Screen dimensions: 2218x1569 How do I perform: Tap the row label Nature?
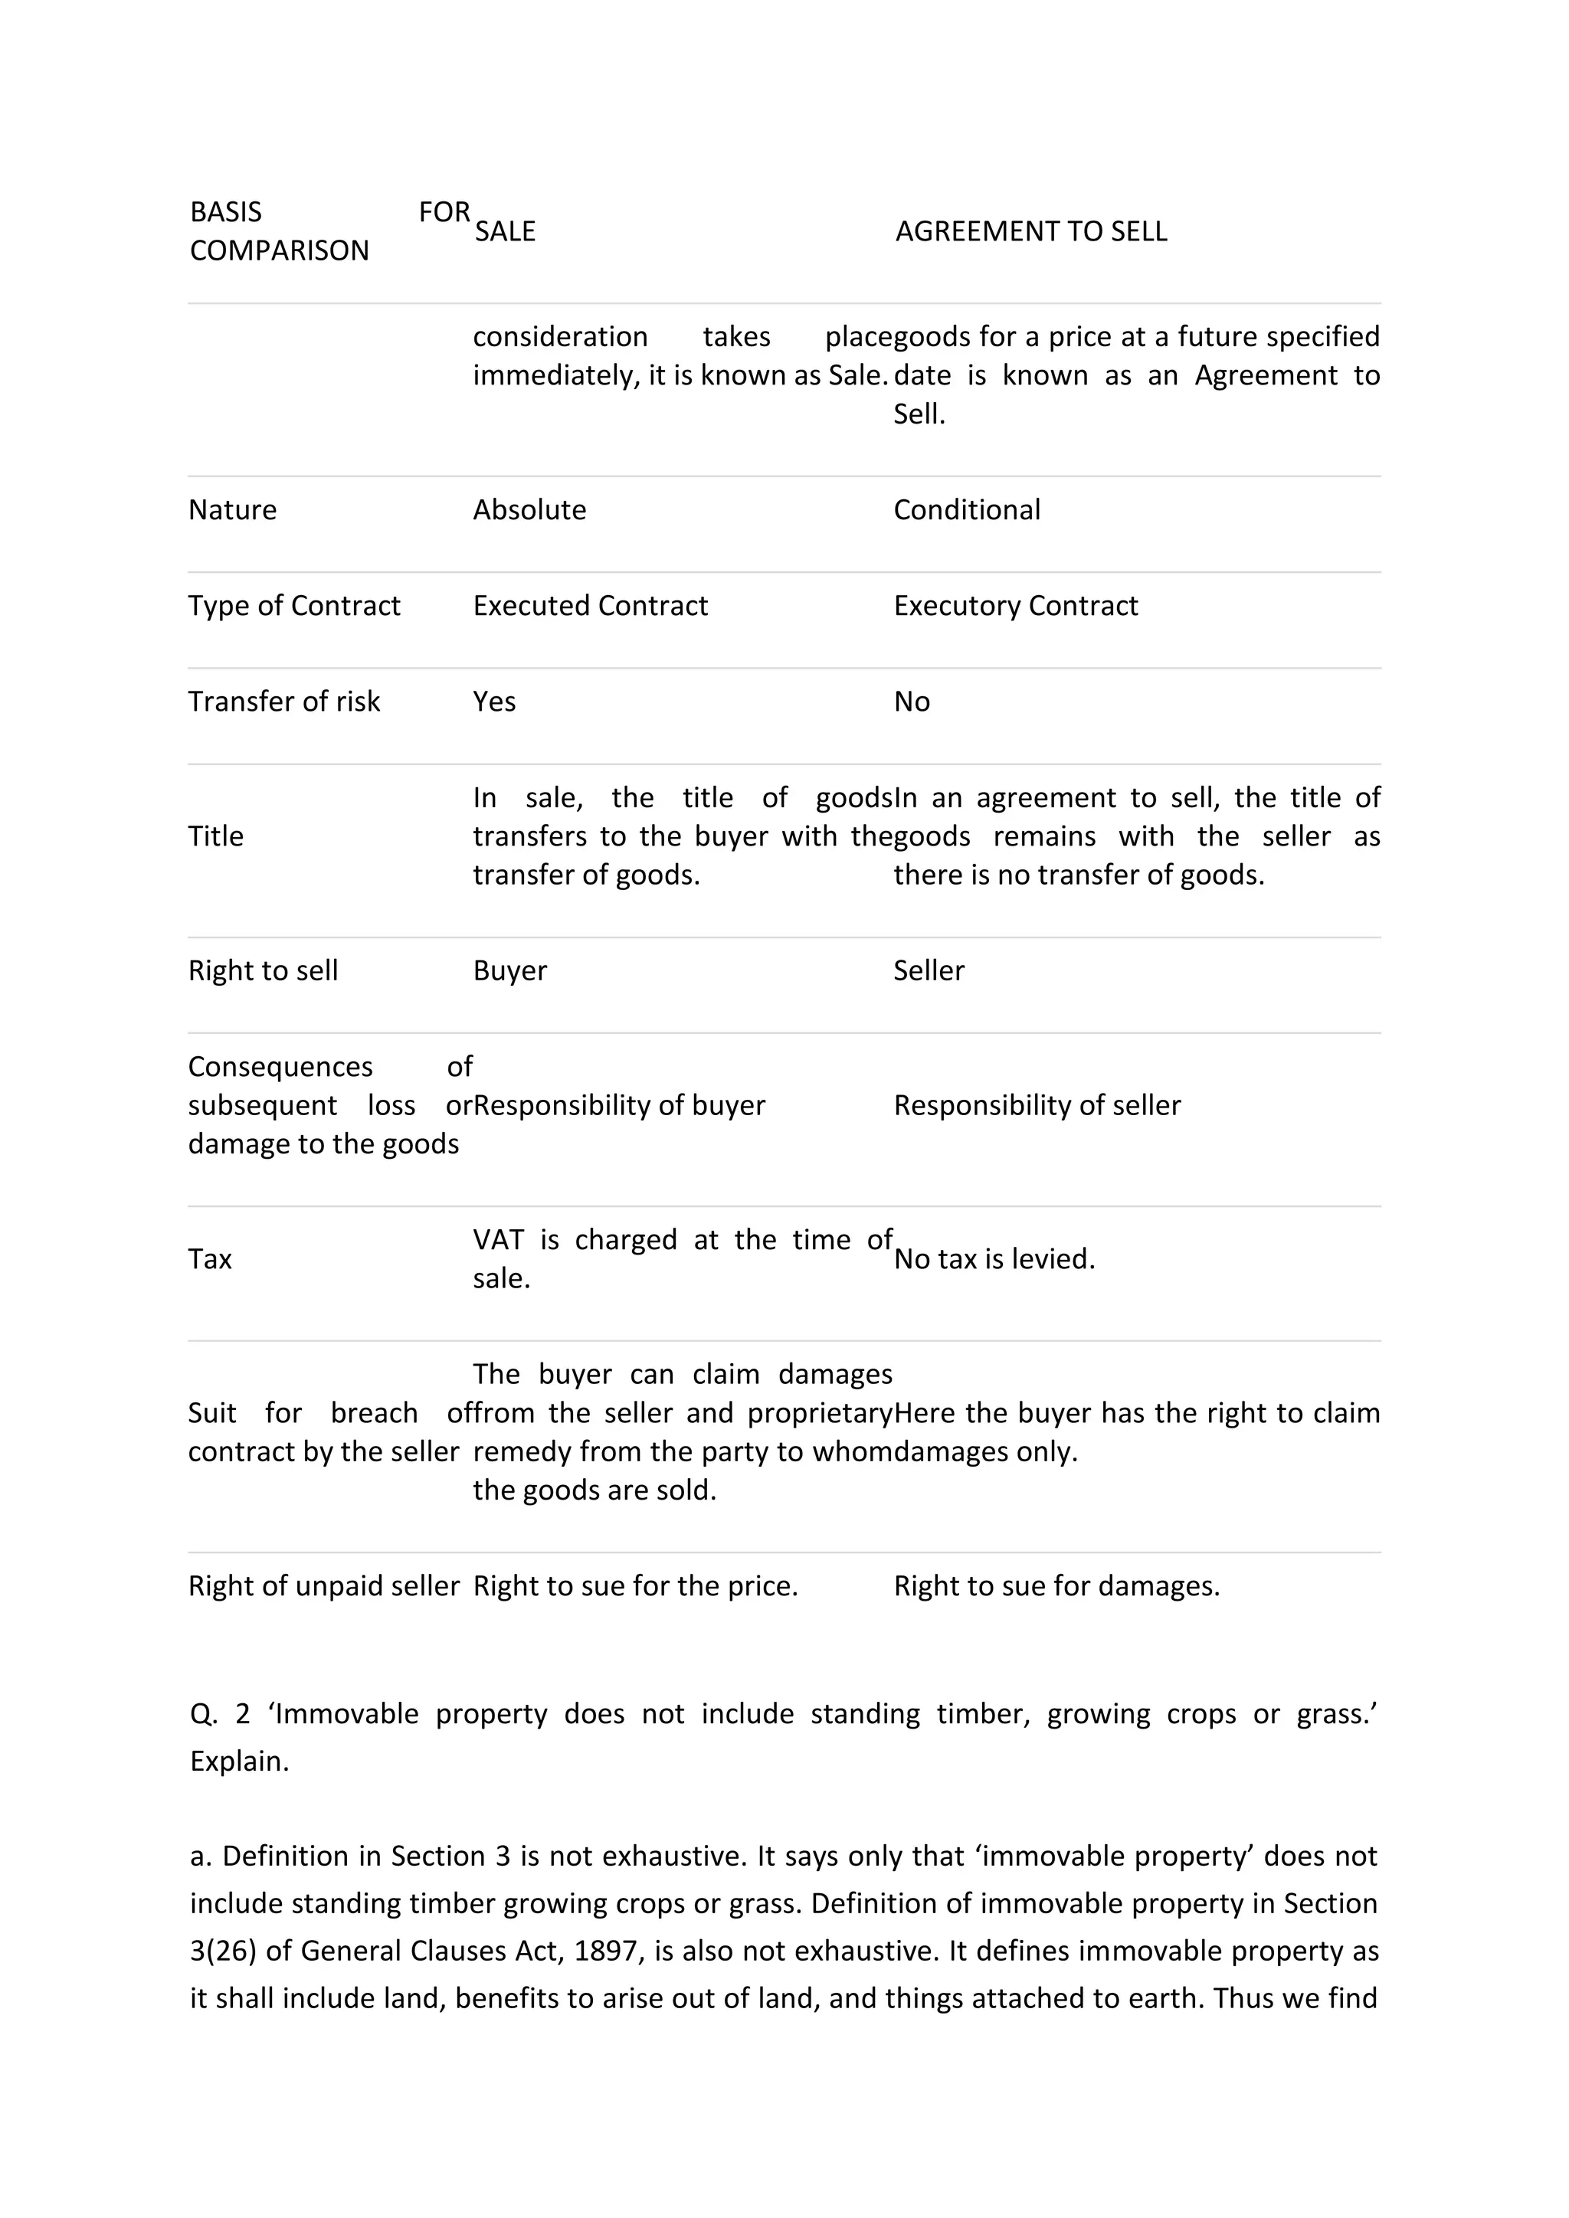[232, 509]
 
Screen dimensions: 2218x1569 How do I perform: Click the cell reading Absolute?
[529, 509]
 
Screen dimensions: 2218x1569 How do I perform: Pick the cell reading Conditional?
[966, 509]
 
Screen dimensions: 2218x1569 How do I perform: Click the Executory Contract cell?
[1014, 605]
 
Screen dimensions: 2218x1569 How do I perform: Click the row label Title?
[215, 836]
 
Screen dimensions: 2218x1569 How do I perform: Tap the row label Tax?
[210, 1259]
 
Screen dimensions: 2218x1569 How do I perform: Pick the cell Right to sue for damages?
[1055, 1585]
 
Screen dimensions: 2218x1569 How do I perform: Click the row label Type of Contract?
[293, 605]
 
